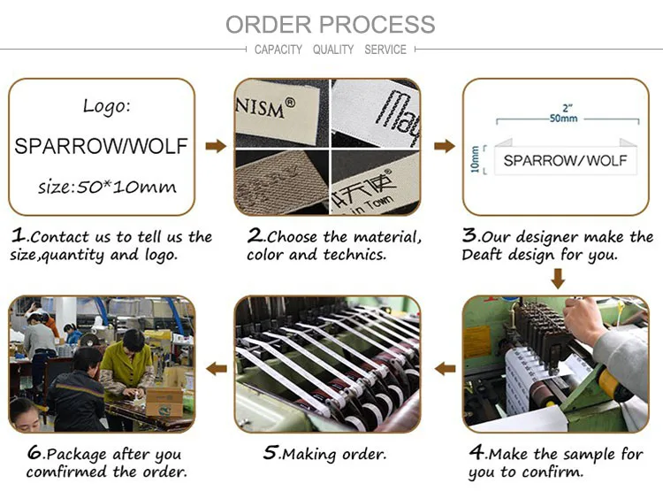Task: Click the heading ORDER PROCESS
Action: point(331,24)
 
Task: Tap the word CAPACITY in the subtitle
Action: point(278,50)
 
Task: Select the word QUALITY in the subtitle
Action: point(333,50)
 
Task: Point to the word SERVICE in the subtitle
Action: point(385,50)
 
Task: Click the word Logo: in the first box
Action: point(106,106)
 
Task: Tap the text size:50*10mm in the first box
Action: point(107,187)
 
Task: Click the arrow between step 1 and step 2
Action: point(215,146)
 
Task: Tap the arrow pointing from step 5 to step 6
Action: point(215,367)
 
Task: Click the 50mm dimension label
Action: point(563,118)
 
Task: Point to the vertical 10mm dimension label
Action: point(476,159)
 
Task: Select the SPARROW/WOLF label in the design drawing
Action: point(565,160)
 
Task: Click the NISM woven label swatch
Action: point(281,115)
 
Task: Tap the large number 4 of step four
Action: point(476,452)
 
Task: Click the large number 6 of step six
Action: point(34,452)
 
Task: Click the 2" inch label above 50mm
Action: point(563,105)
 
